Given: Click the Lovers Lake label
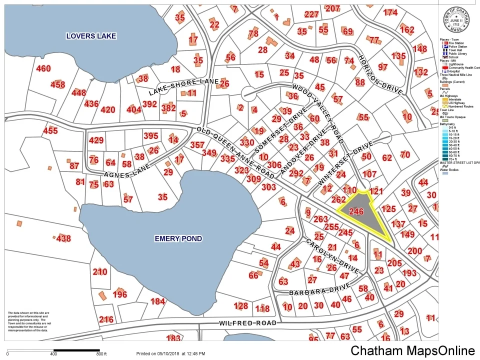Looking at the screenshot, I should [91, 36].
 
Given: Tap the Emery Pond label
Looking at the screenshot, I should [178, 238].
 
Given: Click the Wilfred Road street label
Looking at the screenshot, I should [247, 323].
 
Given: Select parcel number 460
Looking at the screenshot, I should [43, 68].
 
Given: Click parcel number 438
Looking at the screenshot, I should [63, 238].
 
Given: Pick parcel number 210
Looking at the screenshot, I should [100, 272].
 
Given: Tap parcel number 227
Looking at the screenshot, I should [311, 14].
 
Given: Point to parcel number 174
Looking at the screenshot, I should [390, 12].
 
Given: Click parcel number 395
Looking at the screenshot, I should [150, 135].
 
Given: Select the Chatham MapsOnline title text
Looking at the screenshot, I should [412, 350].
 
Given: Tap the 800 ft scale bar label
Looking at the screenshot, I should [101, 354].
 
